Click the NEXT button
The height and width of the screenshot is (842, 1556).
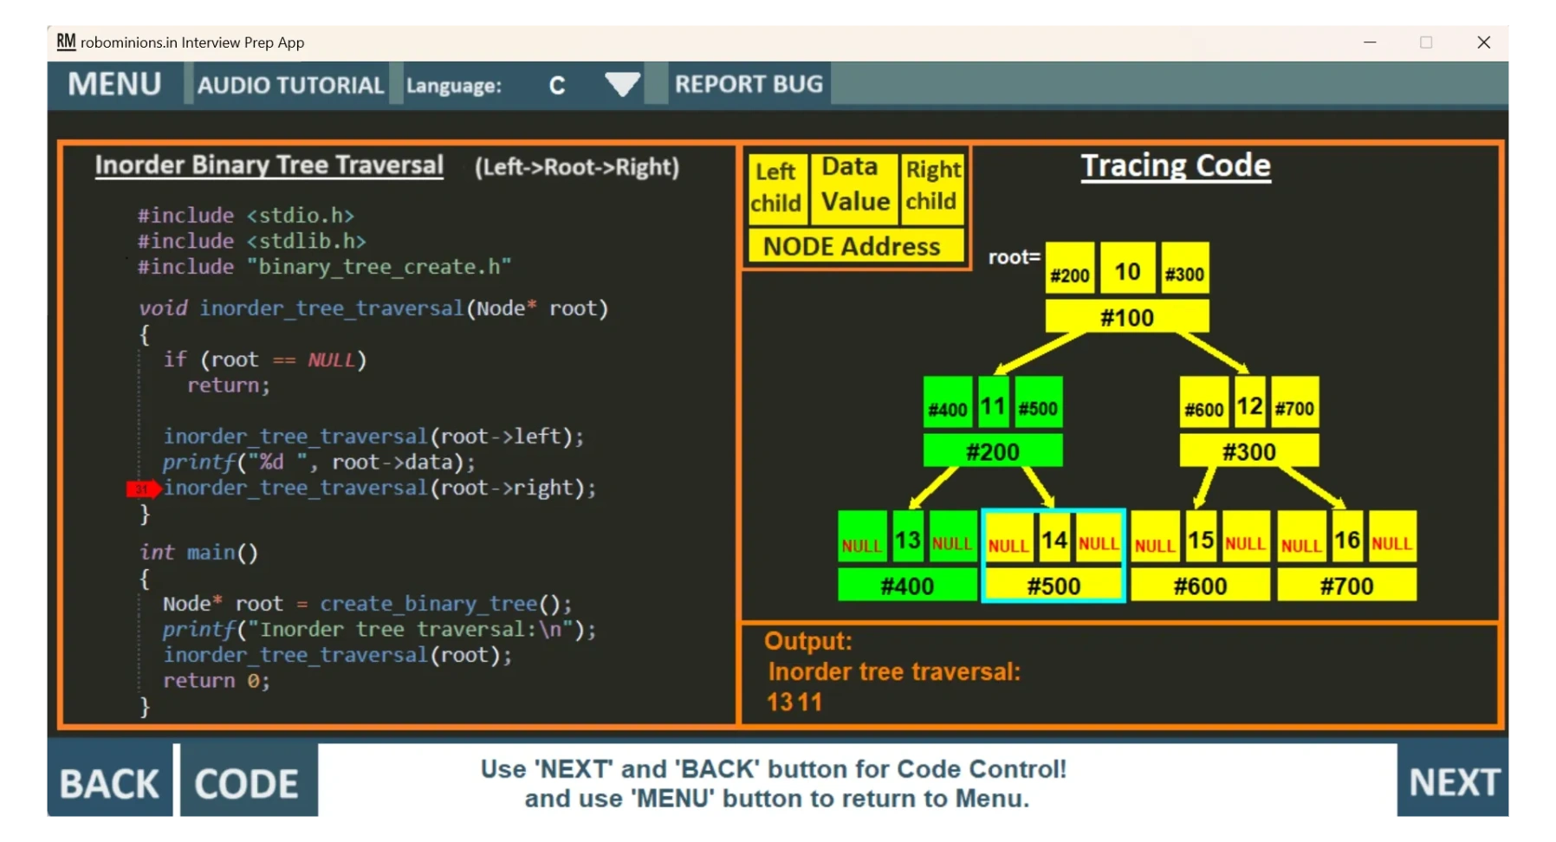1454,782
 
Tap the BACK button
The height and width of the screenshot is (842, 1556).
109,783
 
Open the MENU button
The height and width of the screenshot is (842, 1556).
115,84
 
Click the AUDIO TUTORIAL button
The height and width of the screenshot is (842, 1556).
290,85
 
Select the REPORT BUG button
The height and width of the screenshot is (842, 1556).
749,84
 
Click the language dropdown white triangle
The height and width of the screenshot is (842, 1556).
622,84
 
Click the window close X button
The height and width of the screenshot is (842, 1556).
1483,42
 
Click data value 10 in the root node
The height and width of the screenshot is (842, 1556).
1127,271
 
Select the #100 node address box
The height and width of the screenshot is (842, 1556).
1126,317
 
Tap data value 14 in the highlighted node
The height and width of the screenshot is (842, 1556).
1054,541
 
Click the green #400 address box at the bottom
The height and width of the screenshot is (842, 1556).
907,586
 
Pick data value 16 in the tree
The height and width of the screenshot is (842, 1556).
1346,541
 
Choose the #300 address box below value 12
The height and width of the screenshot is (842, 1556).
1248,451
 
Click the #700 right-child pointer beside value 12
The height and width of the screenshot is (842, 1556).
1294,408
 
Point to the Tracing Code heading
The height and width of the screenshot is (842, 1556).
1176,165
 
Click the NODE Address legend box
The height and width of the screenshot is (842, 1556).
852,247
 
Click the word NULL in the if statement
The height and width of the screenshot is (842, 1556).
331,359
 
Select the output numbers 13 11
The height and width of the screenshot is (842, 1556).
794,702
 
